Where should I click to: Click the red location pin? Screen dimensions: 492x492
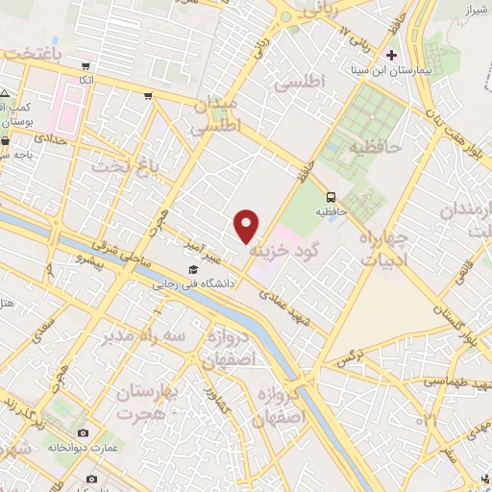coord(248,225)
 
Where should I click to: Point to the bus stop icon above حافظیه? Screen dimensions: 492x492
coord(331,192)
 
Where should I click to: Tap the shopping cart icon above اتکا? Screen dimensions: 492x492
coord(86,66)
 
